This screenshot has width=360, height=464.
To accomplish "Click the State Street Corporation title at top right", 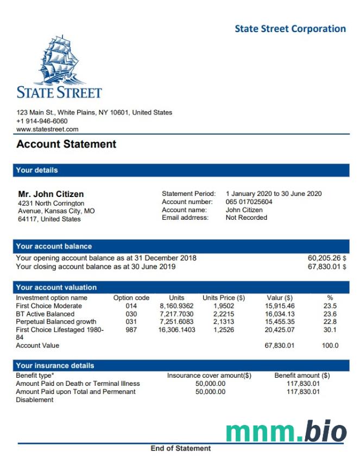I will click(x=290, y=29).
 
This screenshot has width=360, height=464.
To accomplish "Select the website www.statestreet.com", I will click(x=47, y=129).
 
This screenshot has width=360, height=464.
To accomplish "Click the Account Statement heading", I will click(x=66, y=144).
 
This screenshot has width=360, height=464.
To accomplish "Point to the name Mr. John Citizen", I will click(x=51, y=194).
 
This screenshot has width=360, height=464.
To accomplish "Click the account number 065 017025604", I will click(x=249, y=202).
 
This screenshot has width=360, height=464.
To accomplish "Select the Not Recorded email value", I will click(x=247, y=218).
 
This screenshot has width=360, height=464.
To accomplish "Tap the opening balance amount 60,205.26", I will click(x=324, y=258).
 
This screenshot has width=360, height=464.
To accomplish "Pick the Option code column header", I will click(x=131, y=298).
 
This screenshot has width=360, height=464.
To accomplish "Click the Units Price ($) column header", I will click(x=223, y=298).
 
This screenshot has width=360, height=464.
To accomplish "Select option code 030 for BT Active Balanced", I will click(x=131, y=314).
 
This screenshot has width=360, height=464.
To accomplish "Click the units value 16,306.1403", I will click(x=176, y=329).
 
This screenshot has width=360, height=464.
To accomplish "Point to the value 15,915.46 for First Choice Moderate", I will click(x=280, y=306).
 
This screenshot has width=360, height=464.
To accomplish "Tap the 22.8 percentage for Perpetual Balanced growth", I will click(x=330, y=322).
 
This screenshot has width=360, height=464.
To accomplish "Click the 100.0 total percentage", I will click(x=330, y=346).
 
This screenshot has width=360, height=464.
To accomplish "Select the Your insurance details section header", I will click(x=55, y=366).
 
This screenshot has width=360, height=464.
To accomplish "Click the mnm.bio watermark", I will click(x=286, y=431).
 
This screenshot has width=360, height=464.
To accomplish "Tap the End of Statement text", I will click(x=180, y=448).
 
